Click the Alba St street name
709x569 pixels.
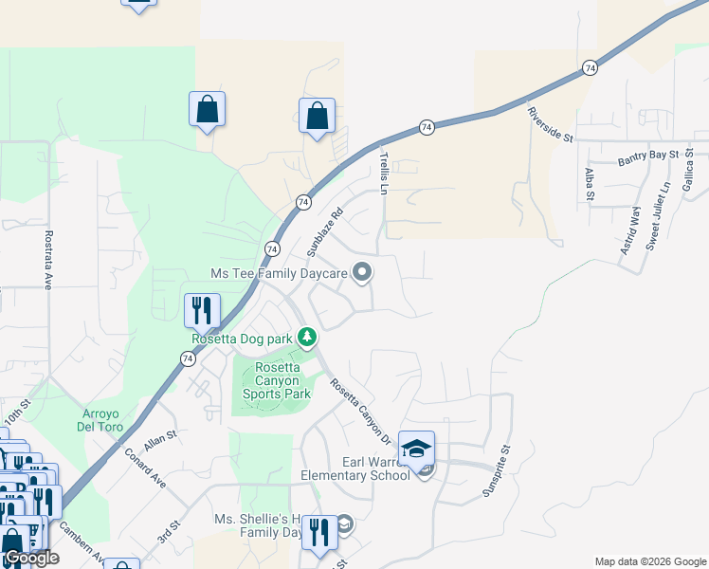[589, 184]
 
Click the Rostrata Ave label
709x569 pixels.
[47, 257]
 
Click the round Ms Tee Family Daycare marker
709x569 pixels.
[362, 273]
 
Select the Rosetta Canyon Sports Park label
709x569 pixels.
[277, 380]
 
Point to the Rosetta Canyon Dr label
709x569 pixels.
[360, 411]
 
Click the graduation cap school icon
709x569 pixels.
[416, 449]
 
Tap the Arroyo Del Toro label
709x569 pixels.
[105, 418]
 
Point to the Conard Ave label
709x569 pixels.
[145, 467]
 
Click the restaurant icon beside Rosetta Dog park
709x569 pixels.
[202, 310]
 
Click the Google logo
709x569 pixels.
[30, 559]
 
